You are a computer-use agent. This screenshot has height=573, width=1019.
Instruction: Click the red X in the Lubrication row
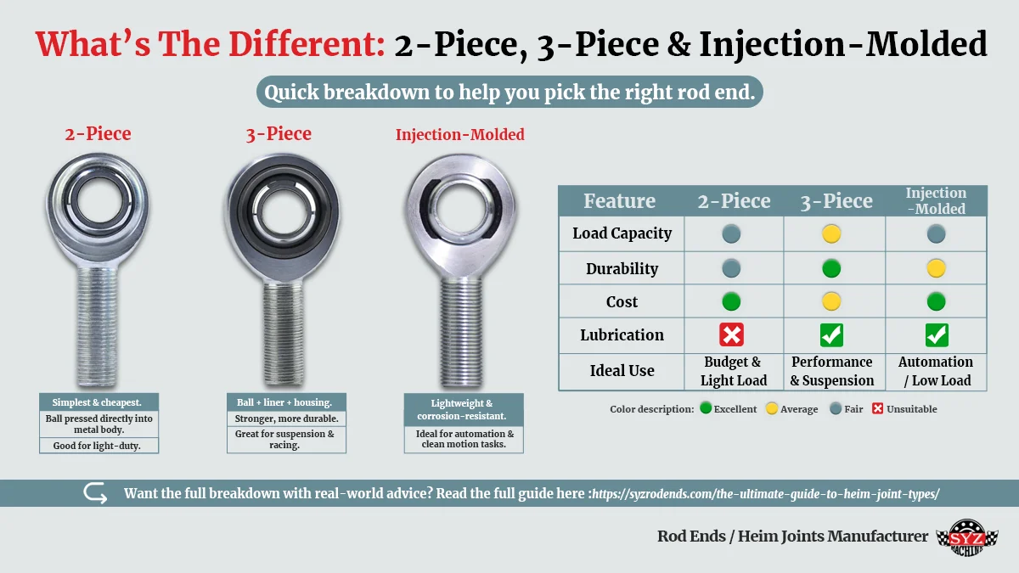click(x=731, y=335)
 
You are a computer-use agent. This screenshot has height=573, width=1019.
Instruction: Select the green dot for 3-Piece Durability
click(x=831, y=268)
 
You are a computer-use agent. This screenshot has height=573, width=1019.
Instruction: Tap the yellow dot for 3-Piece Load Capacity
click(x=831, y=233)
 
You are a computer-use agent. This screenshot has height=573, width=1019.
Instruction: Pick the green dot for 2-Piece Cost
click(x=731, y=301)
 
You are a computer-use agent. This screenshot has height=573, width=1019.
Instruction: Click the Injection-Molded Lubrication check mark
click(x=937, y=335)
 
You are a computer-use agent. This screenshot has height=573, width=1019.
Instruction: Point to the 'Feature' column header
click(x=620, y=201)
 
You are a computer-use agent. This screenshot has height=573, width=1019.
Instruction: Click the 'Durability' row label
click(x=622, y=268)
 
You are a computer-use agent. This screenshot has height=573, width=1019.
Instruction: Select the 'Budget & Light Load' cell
click(x=734, y=372)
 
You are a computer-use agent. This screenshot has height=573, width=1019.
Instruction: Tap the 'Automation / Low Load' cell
click(x=936, y=372)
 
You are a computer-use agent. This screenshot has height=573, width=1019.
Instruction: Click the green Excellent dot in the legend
click(x=706, y=408)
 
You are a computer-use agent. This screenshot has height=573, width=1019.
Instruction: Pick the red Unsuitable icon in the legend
click(x=878, y=408)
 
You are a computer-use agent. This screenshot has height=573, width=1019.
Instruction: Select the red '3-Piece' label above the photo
click(x=279, y=134)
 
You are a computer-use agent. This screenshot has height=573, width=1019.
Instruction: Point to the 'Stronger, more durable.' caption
click(x=285, y=419)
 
